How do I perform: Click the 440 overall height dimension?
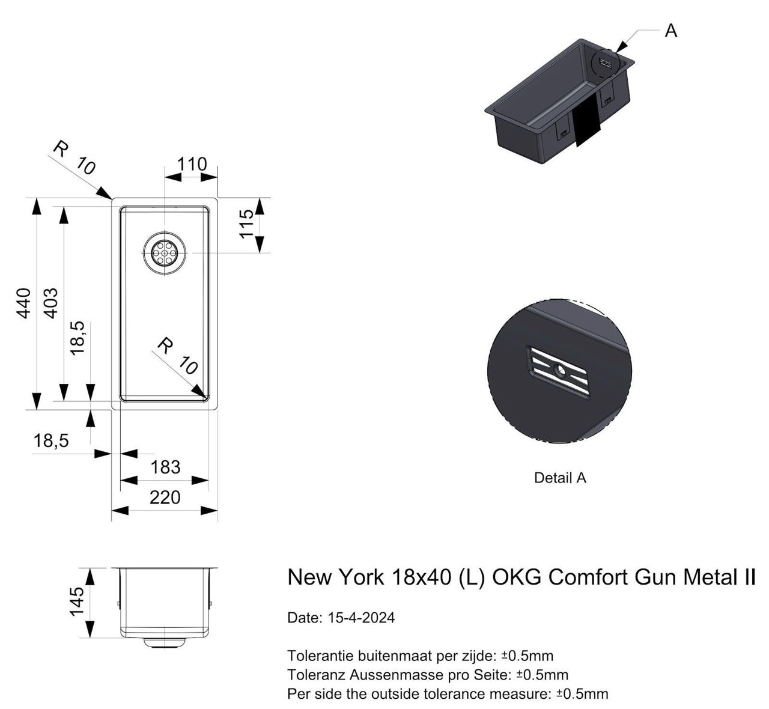click(23, 303)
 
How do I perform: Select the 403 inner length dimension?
click(51, 303)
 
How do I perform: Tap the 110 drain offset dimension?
click(192, 164)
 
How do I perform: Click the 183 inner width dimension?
click(165, 467)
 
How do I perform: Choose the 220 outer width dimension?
click(165, 498)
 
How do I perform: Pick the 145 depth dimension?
click(76, 602)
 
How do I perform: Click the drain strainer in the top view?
click(165, 253)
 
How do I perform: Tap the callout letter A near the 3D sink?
click(670, 31)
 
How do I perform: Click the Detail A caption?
click(559, 478)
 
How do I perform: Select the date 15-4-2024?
click(360, 618)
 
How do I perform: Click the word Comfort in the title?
click(587, 577)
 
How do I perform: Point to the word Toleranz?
click(316, 675)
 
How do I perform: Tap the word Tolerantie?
click(320, 655)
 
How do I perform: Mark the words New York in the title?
click(335, 577)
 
